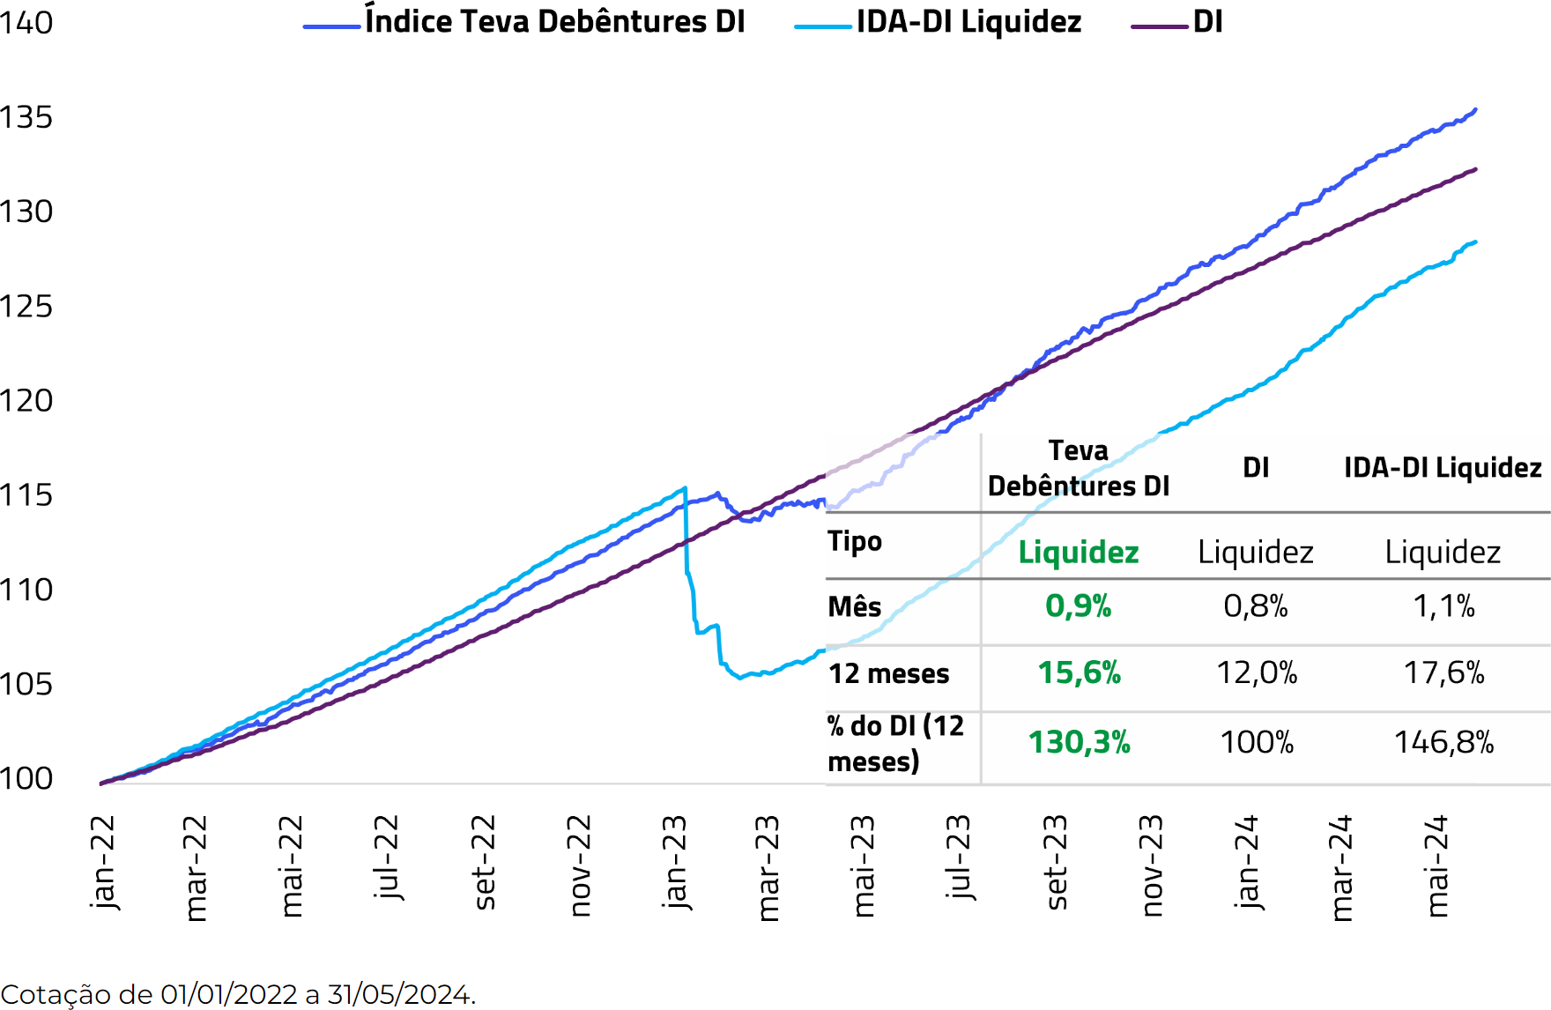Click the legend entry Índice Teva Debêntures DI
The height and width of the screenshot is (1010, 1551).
tap(554, 22)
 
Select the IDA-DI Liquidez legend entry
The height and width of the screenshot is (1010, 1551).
tap(968, 22)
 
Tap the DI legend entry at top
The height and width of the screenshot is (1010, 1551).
tap(1207, 22)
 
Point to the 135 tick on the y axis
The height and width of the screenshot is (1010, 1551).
tap(26, 117)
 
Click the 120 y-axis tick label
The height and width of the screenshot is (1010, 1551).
tap(26, 401)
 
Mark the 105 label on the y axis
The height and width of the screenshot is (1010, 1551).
tap(26, 685)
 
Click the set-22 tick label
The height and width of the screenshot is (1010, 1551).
tap(484, 861)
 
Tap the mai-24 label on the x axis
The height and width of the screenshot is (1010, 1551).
tap(1436, 865)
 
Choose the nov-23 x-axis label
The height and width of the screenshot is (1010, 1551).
tap(1151, 865)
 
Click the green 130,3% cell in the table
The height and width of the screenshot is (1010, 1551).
tap(1079, 742)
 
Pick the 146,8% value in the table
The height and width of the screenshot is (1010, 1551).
tap(1443, 742)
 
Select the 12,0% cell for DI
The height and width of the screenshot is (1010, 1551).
tap(1257, 673)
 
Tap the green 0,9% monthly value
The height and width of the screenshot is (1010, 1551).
tap(1079, 606)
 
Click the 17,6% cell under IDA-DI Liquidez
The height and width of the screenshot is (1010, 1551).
tap(1443, 673)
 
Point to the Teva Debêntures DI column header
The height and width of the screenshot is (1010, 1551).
tap(1079, 468)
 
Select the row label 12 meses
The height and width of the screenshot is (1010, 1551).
tap(888, 674)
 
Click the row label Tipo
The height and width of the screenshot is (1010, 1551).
tap(854, 541)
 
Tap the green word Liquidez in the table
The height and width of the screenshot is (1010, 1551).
tap(1079, 553)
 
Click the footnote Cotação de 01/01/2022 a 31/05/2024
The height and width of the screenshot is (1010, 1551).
tap(238, 994)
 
